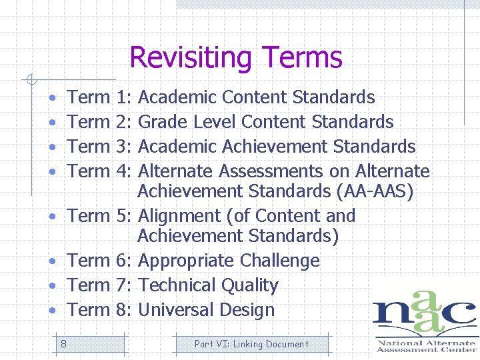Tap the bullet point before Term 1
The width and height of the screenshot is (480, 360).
[x=53, y=98]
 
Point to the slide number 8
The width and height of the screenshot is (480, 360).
[x=63, y=344]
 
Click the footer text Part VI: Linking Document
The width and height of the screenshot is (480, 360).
[x=251, y=344]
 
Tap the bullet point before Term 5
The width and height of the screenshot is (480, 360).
[x=53, y=217]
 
